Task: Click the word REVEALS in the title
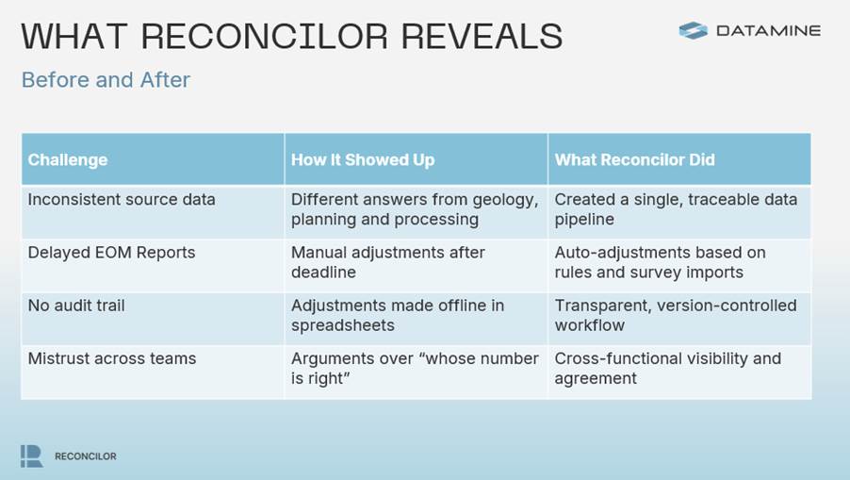click(482, 36)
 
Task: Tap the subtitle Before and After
click(106, 80)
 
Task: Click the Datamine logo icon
click(693, 30)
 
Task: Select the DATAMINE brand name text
click(769, 31)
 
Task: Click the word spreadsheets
click(343, 326)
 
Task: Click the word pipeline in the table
click(584, 220)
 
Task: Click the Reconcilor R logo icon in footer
click(31, 456)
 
